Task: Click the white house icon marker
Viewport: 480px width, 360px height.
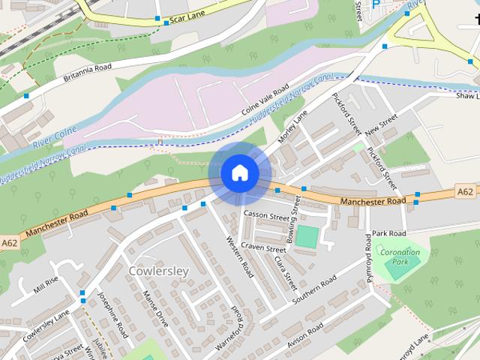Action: [x=239, y=172]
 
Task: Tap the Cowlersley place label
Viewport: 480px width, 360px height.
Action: [x=159, y=270]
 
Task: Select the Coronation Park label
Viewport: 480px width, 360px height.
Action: [x=400, y=257]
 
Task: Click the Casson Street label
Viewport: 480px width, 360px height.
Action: [x=265, y=216]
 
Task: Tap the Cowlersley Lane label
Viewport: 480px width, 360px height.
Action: [x=45, y=325]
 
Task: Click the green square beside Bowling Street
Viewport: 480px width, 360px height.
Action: [x=307, y=237]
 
